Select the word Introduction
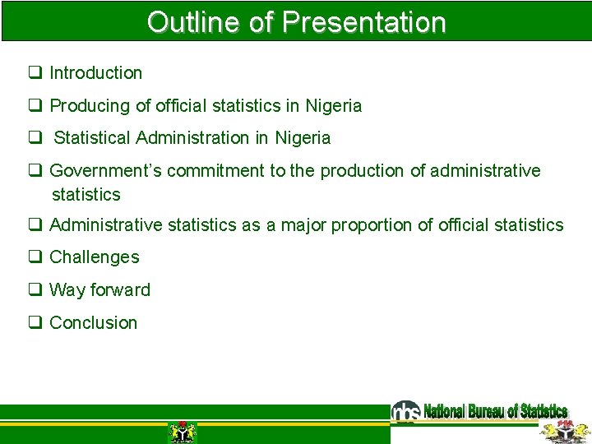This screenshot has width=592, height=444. pos(95,73)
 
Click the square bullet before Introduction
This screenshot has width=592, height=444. pos(35,72)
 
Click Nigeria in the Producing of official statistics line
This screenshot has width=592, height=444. pos(333,106)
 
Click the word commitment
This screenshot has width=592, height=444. pos(197,171)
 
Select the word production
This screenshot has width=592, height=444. pos(363,171)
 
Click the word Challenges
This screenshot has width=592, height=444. pos(95,257)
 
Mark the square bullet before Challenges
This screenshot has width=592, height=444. pos(35,257)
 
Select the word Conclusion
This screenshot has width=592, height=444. pos(93,323)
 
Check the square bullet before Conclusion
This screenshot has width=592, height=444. pos(35,322)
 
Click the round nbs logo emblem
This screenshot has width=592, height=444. pos(405,411)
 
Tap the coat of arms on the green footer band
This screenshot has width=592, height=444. pos(182,432)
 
